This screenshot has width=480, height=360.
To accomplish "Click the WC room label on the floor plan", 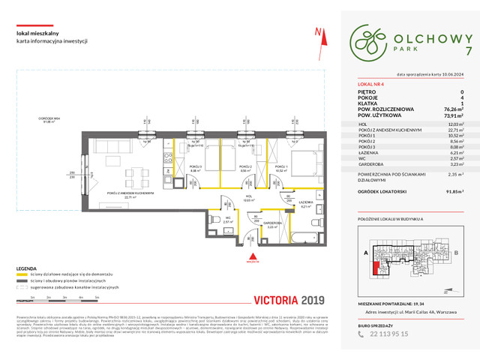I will (225, 219).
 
